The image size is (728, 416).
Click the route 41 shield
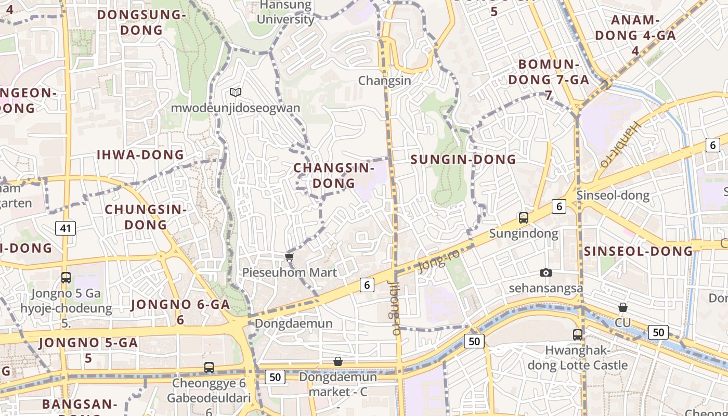[x=65, y=228]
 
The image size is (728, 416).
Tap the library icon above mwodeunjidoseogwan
[x=236, y=93]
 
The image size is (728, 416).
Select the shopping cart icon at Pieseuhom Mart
[x=290, y=257]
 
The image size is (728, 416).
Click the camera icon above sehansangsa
[x=545, y=272]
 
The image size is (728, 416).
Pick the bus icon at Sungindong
[x=523, y=218]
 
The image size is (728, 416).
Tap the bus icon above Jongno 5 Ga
[x=66, y=278]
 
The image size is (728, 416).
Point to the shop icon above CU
[x=622, y=307]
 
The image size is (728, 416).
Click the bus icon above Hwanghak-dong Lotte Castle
[x=577, y=334]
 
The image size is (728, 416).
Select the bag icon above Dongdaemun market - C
[x=338, y=361]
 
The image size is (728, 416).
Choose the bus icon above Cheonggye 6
[x=209, y=368]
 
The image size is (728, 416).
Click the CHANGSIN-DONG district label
[x=333, y=176]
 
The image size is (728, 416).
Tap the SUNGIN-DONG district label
[x=463, y=160]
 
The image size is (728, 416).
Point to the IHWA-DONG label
[x=140, y=154]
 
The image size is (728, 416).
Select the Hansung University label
[x=285, y=12]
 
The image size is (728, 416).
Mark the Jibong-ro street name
[x=394, y=308]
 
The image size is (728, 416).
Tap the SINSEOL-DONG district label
[x=638, y=251]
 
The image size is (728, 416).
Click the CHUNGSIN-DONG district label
[x=145, y=217]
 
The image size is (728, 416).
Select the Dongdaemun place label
[x=293, y=323]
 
